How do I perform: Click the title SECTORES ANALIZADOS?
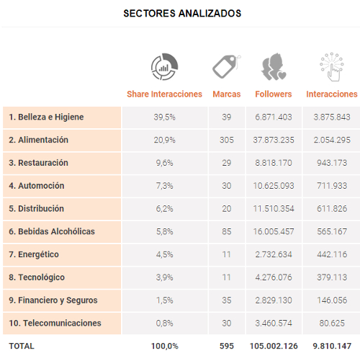coord(182,13)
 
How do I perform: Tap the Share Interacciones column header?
coord(164,94)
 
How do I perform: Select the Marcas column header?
coord(227,94)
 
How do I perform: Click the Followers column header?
coord(274,94)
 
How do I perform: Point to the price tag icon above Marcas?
coord(226,66)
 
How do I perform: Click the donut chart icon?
coord(164,67)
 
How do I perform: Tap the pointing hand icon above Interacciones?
coord(332,67)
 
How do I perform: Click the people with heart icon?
coord(274,66)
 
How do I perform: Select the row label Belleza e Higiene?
coord(46,117)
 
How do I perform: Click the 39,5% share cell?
coord(164,117)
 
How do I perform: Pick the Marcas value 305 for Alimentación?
coord(227,140)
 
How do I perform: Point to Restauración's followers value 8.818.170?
coord(274,163)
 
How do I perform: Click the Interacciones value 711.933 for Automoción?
coord(332,186)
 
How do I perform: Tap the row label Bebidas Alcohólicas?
coord(52,231)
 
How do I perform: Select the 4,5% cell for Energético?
coord(164,254)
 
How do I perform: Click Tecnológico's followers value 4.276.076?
coord(274,277)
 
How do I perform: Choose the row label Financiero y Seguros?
coord(53,300)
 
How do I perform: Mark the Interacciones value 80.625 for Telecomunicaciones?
coord(332,323)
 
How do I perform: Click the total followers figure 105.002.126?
coord(274,346)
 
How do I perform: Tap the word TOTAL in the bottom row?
coord(22,346)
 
